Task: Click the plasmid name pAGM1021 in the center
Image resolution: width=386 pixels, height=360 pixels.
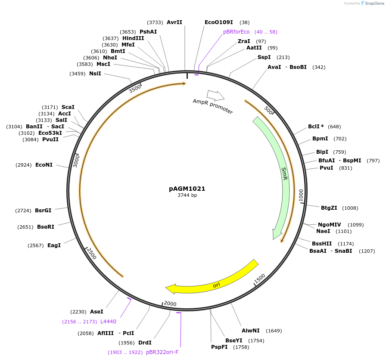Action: pyautogui.click(x=187, y=189)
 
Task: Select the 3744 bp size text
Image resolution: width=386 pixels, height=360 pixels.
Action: pyautogui.click(x=187, y=195)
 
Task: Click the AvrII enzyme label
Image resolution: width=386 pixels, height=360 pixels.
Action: pyautogui.click(x=174, y=22)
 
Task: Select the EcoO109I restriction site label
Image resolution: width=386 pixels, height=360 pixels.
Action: pyautogui.click(x=219, y=22)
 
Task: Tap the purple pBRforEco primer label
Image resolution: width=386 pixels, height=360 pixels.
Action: pyautogui.click(x=236, y=32)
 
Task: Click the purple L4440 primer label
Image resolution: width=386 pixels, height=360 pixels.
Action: pyautogui.click(x=108, y=321)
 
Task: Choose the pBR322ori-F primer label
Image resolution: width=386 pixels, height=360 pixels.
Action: pyautogui.click(x=162, y=352)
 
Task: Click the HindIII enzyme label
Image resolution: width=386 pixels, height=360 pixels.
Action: pyautogui.click(x=133, y=38)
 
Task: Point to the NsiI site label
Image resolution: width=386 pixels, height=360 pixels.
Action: pyautogui.click(x=95, y=74)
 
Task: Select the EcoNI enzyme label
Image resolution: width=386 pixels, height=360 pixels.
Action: pyautogui.click(x=44, y=165)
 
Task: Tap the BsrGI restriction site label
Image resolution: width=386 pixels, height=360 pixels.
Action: pyautogui.click(x=43, y=211)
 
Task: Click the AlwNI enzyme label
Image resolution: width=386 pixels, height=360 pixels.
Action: pyautogui.click(x=250, y=331)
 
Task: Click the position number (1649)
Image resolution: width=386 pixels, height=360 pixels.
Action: pyautogui.click(x=274, y=331)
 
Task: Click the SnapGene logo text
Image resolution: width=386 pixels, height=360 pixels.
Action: pyautogui.click(x=373, y=3)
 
